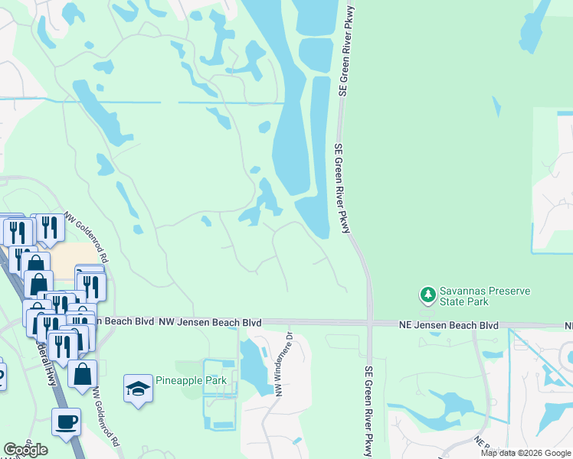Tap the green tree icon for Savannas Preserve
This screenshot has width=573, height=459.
[427, 295]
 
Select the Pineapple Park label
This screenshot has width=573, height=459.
[187, 381]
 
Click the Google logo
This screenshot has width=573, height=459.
[26, 450]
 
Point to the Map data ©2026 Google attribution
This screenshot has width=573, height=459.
[526, 453]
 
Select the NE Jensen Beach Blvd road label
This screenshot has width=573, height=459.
[449, 326]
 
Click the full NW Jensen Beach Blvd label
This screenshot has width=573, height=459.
[210, 323]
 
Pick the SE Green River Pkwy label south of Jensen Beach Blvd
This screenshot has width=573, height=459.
[368, 412]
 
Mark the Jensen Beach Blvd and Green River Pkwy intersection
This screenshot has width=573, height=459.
[369, 324]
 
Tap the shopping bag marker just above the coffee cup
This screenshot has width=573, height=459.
[83, 375]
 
